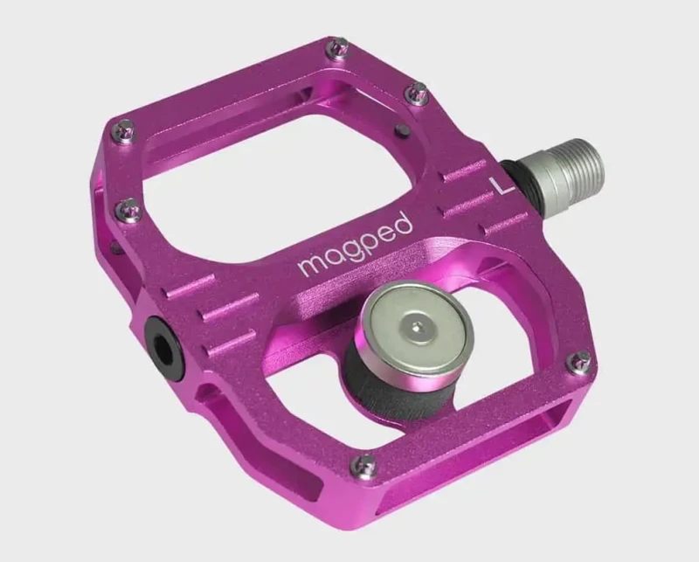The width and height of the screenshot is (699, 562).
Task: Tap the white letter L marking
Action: coord(501,185)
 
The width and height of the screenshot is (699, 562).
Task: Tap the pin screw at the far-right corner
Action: coord(579,360)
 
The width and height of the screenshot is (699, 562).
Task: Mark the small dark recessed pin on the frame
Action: coord(403,130)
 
